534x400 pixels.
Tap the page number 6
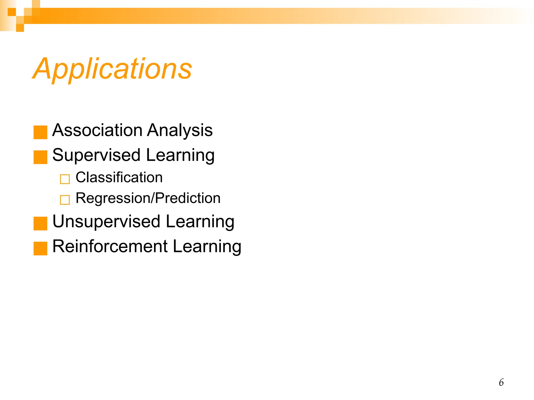(501, 382)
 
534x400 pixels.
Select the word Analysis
(180, 130)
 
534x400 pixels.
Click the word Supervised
(96, 155)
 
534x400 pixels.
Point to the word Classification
(119, 177)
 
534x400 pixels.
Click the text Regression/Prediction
(148, 198)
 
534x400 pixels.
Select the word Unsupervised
(106, 221)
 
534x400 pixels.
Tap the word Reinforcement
(110, 246)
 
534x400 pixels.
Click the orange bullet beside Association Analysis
(40, 132)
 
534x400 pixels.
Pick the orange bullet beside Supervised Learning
(40, 157)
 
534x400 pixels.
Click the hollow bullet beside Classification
(65, 179)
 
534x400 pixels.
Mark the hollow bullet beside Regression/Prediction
(65, 200)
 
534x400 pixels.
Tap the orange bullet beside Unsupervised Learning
(40, 223)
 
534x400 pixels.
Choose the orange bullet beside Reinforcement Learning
(40, 248)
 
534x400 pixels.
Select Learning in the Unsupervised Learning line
(200, 222)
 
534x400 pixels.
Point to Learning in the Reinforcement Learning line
(207, 246)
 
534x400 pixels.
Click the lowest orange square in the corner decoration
(20, 28)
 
